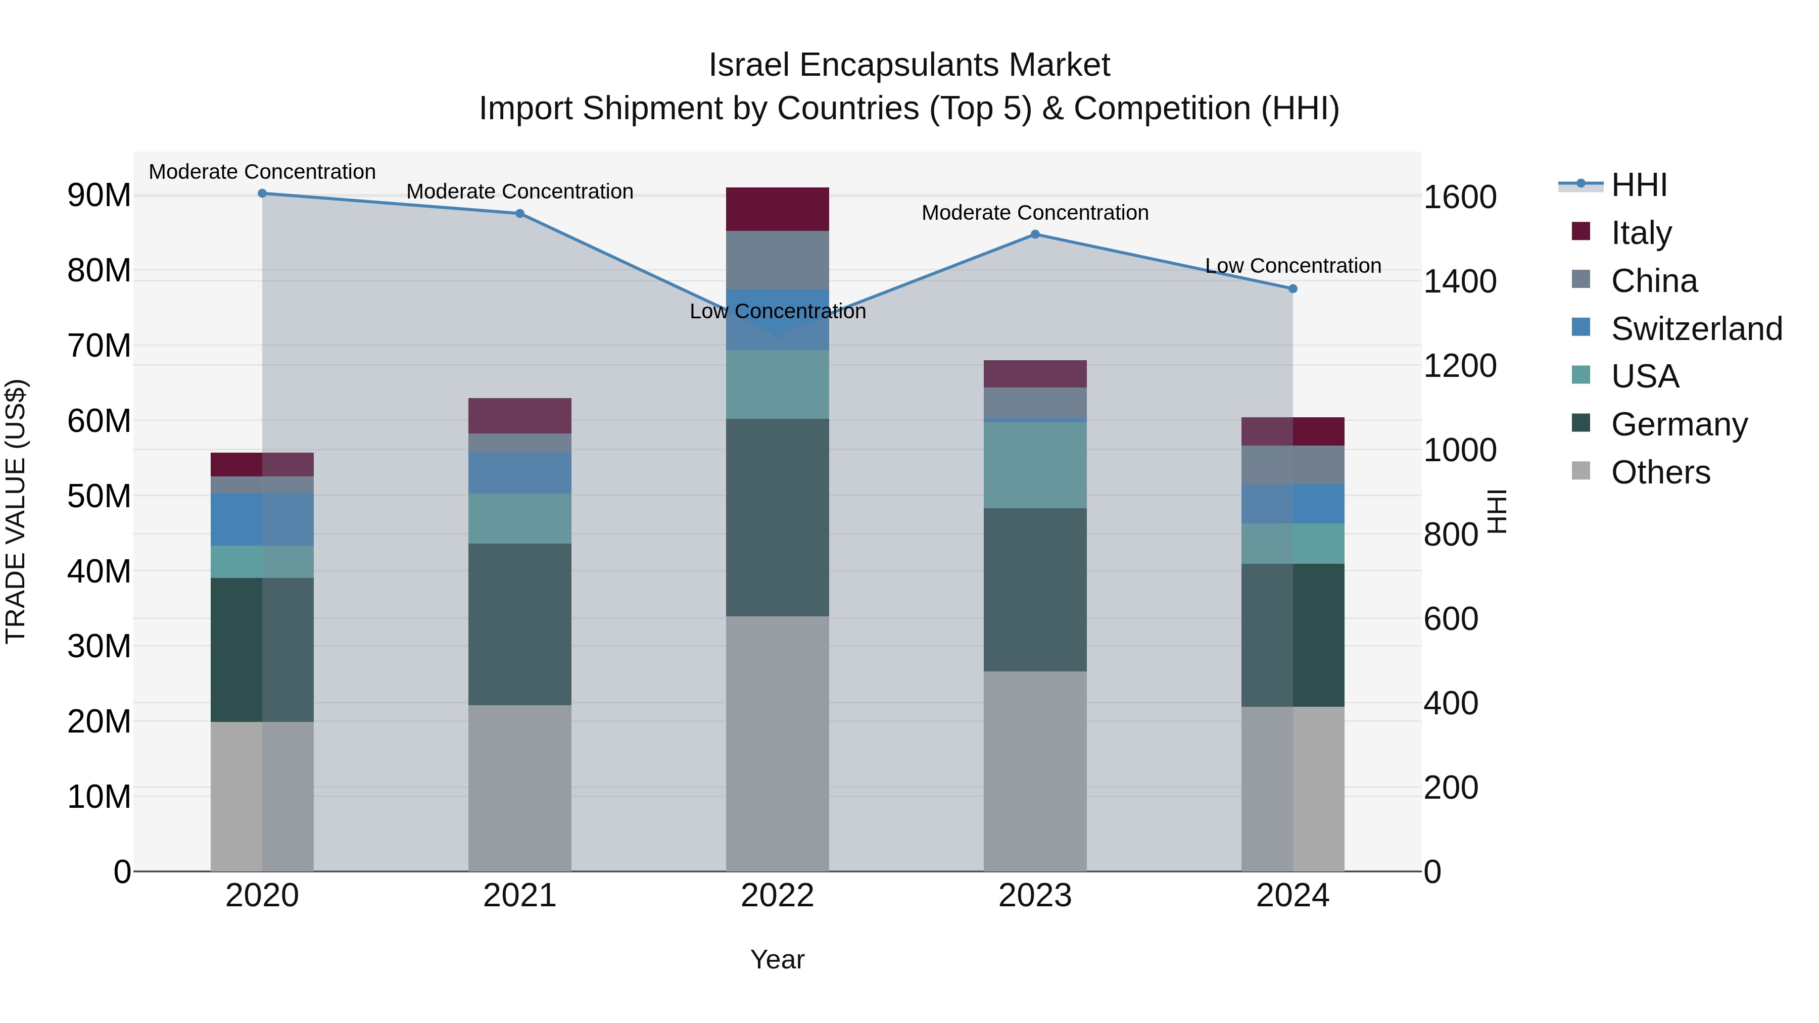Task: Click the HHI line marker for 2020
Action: click(262, 193)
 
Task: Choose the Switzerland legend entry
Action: click(1696, 329)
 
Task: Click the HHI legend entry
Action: click(1638, 185)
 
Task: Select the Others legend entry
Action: click(1659, 472)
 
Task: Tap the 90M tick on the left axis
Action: click(99, 196)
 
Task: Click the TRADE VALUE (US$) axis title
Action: click(16, 511)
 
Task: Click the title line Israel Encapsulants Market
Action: click(909, 65)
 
